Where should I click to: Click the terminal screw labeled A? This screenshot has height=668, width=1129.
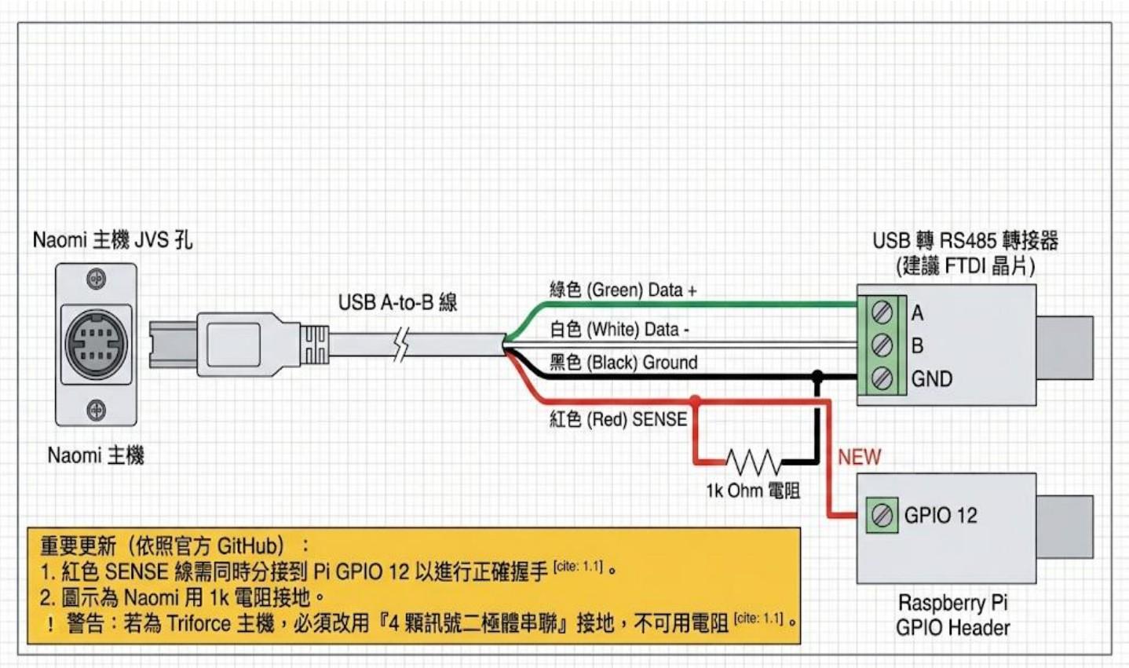(x=882, y=312)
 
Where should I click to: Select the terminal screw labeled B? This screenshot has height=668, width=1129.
(x=882, y=345)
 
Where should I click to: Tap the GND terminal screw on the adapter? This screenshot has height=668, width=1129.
(x=882, y=378)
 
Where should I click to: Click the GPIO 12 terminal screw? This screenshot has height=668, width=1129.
(x=882, y=516)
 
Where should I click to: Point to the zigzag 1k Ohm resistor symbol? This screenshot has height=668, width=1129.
(x=752, y=462)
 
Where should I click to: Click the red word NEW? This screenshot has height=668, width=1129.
(x=859, y=457)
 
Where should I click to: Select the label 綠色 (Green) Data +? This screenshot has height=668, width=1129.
(x=623, y=290)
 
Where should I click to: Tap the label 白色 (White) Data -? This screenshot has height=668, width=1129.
(x=619, y=330)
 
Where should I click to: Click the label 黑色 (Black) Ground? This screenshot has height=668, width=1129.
(x=623, y=363)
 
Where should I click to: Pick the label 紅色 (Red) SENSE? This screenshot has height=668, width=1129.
(x=618, y=419)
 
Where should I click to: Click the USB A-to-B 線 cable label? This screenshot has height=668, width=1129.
(x=397, y=302)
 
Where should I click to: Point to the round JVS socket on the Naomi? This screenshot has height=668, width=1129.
(x=96, y=344)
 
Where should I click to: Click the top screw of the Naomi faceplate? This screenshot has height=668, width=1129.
(x=96, y=279)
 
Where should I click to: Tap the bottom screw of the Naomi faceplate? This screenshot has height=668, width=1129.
(x=96, y=409)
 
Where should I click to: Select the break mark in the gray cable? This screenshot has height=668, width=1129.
(x=402, y=344)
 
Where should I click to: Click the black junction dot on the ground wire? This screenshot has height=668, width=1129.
(x=817, y=377)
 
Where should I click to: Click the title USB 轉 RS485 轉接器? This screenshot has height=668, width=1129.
(x=965, y=240)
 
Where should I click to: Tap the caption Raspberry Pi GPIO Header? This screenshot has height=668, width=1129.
(x=952, y=615)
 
